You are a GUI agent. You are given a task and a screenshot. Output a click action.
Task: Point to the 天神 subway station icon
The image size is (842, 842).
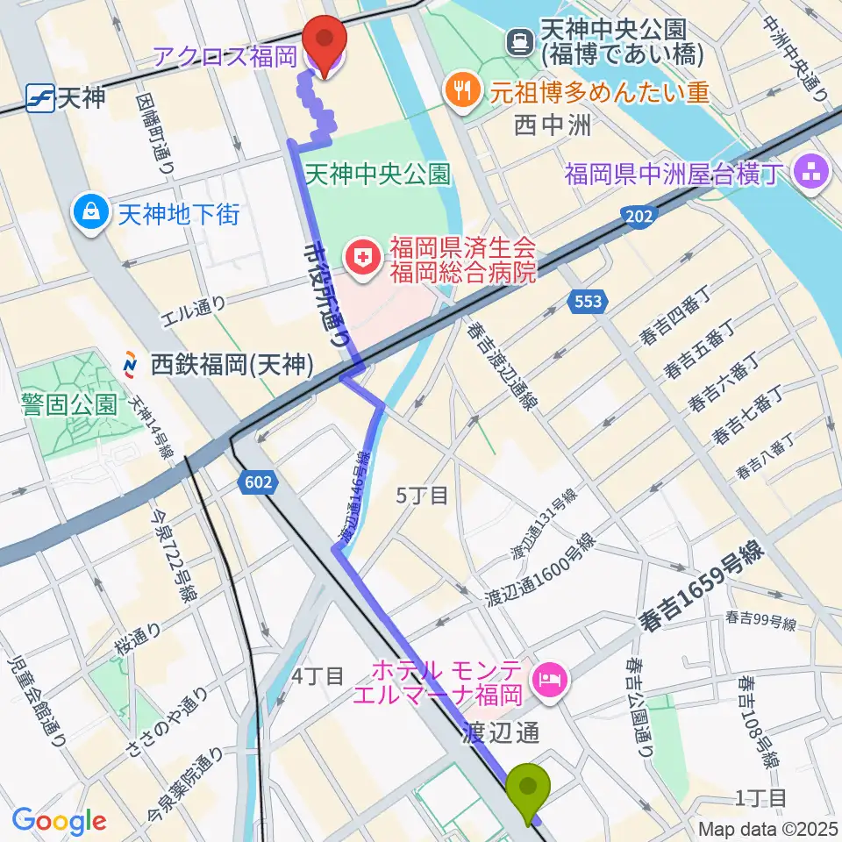39,96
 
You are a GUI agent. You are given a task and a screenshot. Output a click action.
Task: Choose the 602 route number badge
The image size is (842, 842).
260,481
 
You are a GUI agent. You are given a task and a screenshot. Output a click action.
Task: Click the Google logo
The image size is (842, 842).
59,821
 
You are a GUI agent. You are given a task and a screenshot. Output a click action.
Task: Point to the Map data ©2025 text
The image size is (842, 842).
767,829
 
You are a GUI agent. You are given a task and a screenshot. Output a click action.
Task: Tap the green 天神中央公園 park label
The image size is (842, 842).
377,175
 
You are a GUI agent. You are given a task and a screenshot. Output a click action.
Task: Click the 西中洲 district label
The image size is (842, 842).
555,125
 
